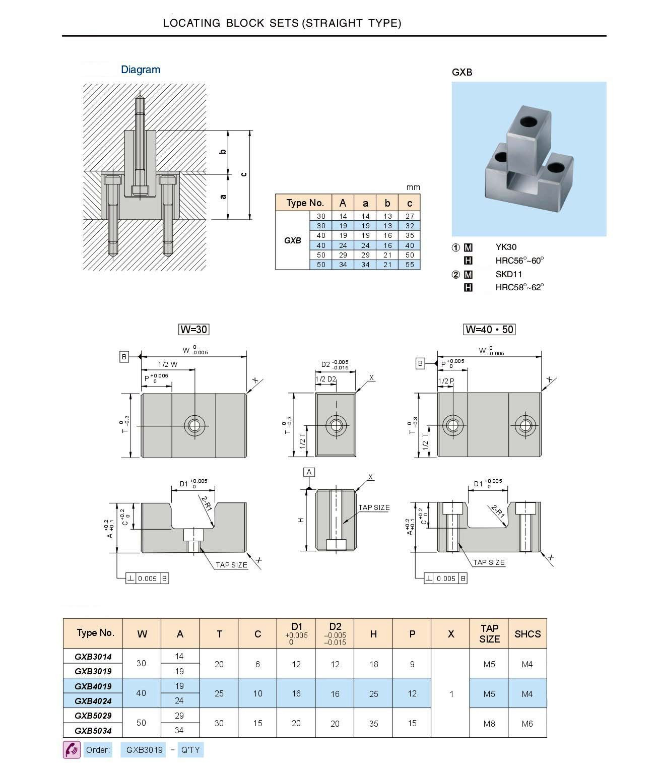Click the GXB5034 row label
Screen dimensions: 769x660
point(93,730)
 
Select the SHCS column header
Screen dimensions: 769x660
point(527,634)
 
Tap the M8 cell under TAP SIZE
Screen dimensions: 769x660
point(489,724)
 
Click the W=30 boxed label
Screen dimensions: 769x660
point(194,330)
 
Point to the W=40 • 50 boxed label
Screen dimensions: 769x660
point(489,330)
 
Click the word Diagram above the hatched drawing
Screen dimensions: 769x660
point(141,70)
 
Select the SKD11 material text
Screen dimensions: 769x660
point(509,274)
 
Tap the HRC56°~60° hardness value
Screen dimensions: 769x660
point(519,261)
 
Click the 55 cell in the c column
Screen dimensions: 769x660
point(410,265)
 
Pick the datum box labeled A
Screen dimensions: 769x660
point(309,472)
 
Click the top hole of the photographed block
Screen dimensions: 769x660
point(529,121)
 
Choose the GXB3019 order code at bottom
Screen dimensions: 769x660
point(145,750)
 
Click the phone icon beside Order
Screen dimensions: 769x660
point(72,750)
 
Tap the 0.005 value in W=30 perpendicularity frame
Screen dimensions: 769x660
point(147,579)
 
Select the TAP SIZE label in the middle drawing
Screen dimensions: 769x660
point(374,507)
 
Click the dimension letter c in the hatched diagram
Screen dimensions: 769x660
point(244,174)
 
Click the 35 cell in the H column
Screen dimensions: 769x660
point(373,724)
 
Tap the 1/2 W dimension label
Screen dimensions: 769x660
point(168,364)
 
